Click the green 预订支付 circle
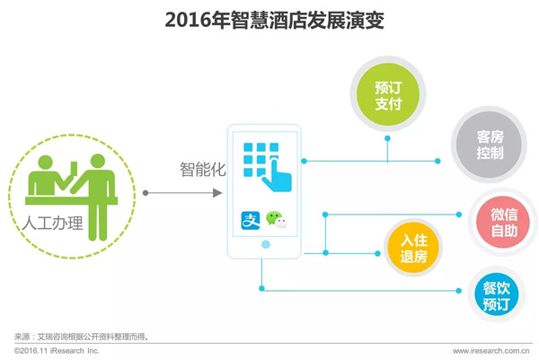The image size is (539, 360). [x=388, y=94]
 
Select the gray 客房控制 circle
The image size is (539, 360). [x=490, y=145]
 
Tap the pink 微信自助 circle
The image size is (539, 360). [x=503, y=223]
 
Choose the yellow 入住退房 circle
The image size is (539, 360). [x=413, y=248]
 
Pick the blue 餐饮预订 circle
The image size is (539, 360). [x=496, y=294]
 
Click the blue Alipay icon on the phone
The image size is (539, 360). [x=251, y=221]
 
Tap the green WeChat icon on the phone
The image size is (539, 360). [x=277, y=220]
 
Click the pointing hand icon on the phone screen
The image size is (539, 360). [x=278, y=174]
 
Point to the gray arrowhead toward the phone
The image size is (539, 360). [x=217, y=193]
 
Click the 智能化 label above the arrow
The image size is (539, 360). [x=203, y=169]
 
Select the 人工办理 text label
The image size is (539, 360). [x=53, y=223]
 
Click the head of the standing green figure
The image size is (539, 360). [x=98, y=161]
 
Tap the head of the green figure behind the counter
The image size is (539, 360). [x=46, y=162]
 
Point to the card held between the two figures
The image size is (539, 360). [x=74, y=168]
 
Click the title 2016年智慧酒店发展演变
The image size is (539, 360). [x=274, y=21]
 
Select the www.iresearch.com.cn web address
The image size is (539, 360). [x=490, y=351]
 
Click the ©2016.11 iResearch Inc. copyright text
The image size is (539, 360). [x=57, y=351]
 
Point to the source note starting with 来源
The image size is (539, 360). [x=82, y=337]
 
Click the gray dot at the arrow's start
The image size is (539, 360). [x=146, y=193]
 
